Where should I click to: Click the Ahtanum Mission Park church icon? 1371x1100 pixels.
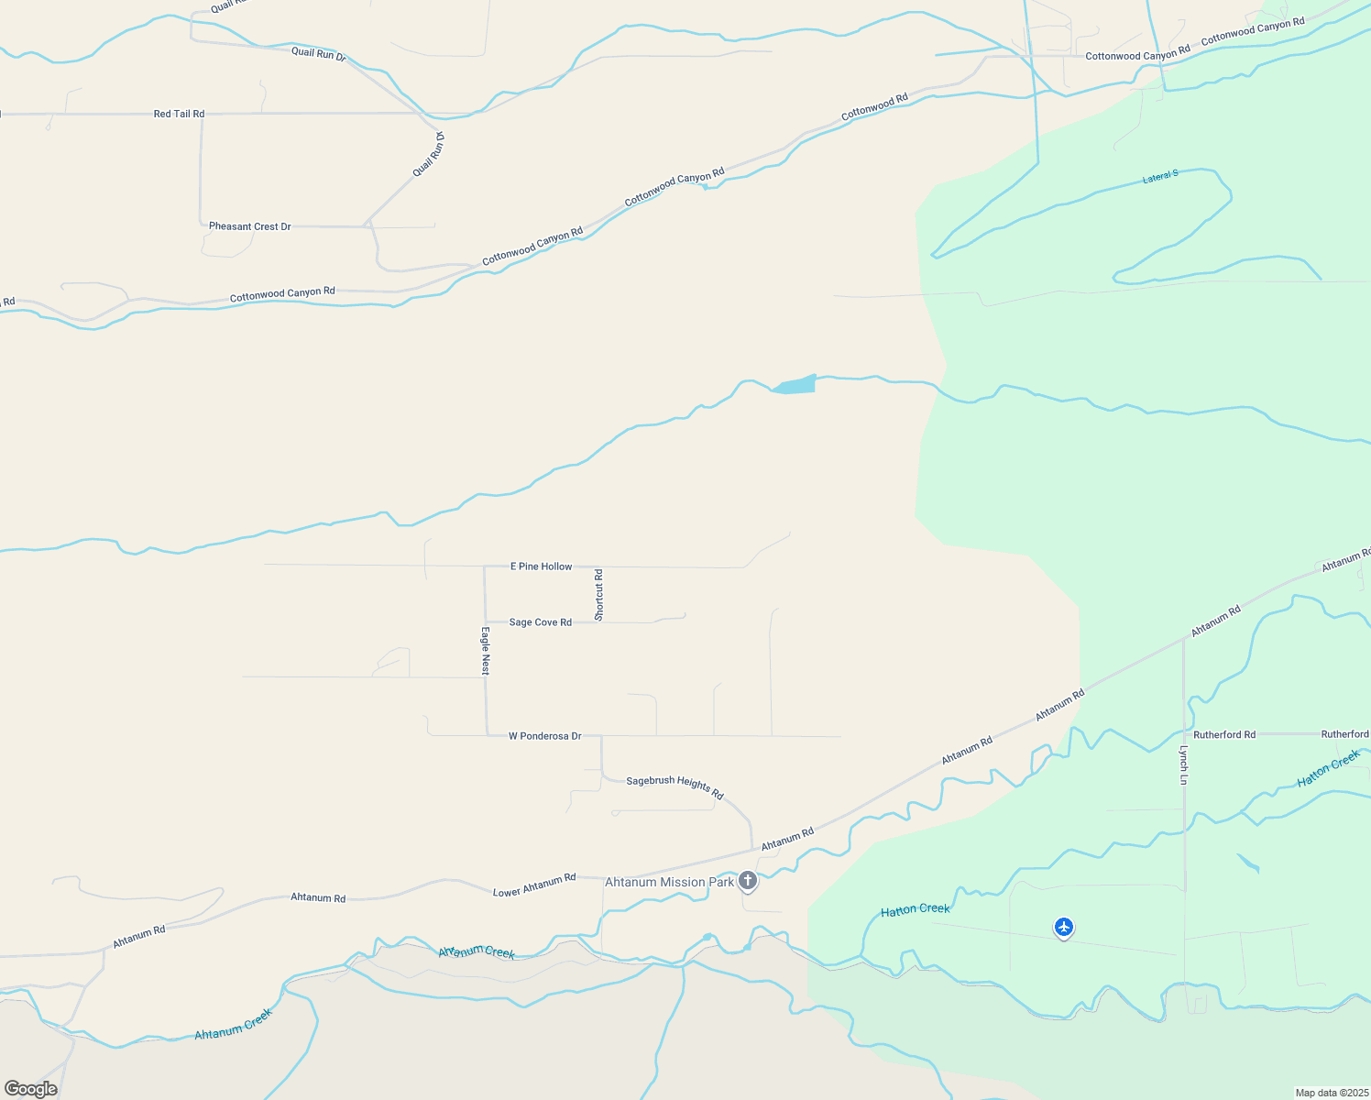tap(748, 881)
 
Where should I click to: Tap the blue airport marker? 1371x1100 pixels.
tap(1063, 928)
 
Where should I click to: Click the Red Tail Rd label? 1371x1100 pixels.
tap(179, 114)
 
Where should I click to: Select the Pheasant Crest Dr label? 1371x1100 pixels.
tap(249, 226)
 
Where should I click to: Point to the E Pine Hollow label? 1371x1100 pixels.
tap(541, 566)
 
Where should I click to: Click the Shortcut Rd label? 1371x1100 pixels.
tap(598, 595)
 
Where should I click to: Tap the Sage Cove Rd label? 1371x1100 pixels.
tap(540, 622)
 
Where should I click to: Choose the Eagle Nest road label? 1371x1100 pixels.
tap(486, 651)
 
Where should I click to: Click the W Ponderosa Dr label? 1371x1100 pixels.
tap(544, 736)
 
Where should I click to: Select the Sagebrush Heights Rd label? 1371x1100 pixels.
tap(675, 787)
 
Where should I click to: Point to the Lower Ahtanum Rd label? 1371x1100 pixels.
tap(534, 885)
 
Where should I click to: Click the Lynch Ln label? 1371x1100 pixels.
tap(1183, 764)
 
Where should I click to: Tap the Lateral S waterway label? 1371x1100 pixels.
tap(1159, 176)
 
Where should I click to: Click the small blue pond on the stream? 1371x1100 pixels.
tap(795, 385)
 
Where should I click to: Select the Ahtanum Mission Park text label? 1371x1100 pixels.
tap(669, 882)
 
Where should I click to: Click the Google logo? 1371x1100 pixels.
tap(31, 1089)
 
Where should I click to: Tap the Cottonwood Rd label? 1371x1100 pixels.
tap(874, 106)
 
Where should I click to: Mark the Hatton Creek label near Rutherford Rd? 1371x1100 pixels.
tap(1329, 768)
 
